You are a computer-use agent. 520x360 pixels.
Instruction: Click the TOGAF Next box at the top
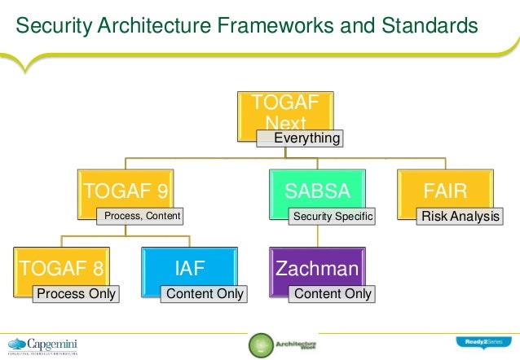291,110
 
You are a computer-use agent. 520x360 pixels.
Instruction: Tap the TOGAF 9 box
126,191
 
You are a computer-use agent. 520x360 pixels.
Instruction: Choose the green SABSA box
317,191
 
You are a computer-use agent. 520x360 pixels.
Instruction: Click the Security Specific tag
332,217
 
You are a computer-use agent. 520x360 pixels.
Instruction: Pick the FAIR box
445,191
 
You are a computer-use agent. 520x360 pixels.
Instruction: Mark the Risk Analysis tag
458,217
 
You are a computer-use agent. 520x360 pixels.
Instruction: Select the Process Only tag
74,293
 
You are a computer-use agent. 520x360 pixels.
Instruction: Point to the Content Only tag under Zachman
332,293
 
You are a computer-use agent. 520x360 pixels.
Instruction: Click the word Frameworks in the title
253,27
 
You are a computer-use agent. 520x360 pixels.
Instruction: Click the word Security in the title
52,27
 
